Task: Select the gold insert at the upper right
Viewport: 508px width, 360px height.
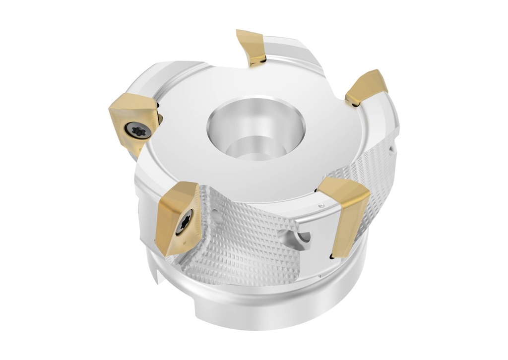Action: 367,88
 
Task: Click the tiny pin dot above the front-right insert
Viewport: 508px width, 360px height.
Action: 321,205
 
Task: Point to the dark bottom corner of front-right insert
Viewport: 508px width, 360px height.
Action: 331,256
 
